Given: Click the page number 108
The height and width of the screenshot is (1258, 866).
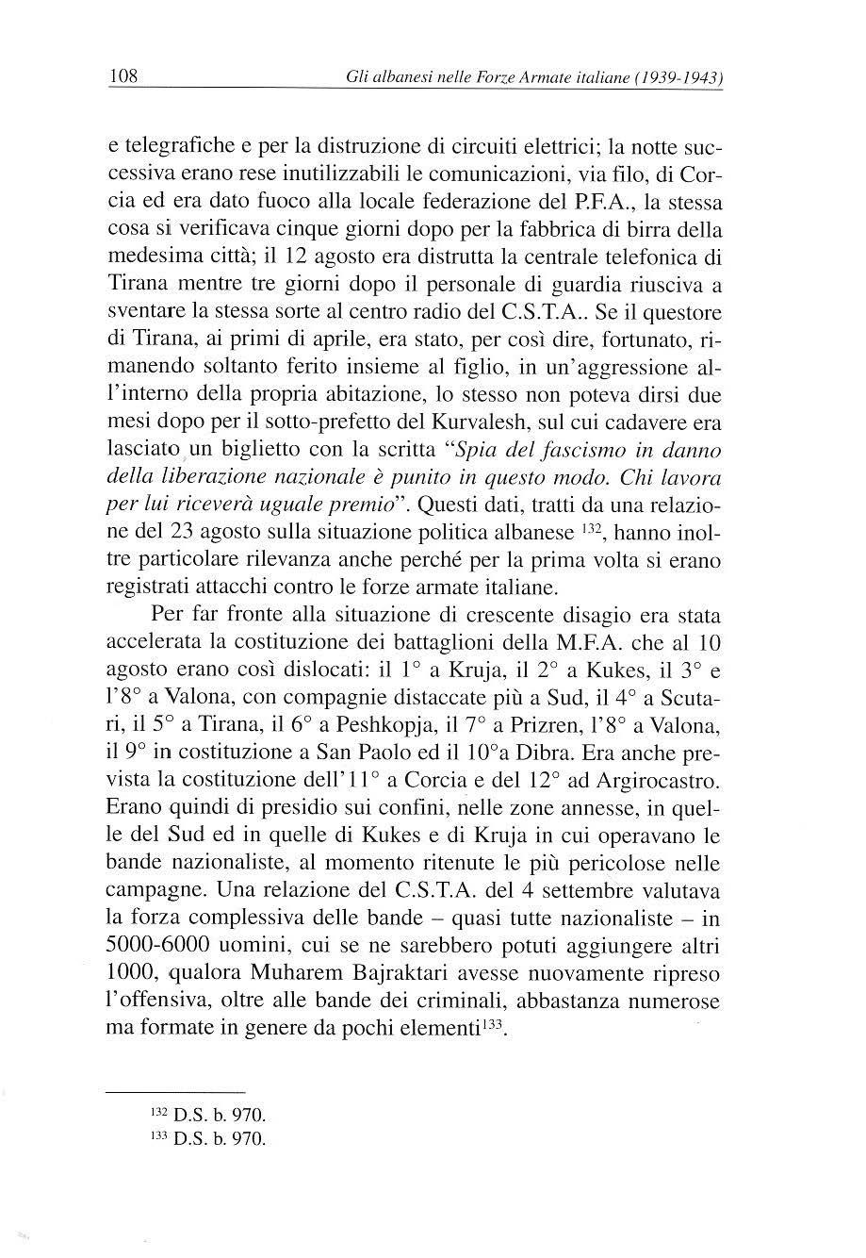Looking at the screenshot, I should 123,75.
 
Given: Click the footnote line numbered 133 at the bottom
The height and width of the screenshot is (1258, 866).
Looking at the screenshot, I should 208,1138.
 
